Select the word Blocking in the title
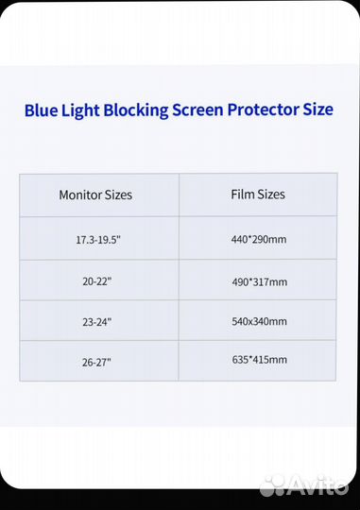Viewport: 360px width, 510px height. (x=136, y=110)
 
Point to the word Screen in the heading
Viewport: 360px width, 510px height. (x=197, y=110)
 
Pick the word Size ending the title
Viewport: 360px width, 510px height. (x=318, y=110)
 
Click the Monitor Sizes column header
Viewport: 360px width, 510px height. (x=95, y=195)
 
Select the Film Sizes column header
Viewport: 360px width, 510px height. (x=258, y=195)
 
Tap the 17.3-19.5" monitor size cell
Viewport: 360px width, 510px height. (x=98, y=240)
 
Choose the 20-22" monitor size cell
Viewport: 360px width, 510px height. (x=96, y=281)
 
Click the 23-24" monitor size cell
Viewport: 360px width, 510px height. (x=96, y=322)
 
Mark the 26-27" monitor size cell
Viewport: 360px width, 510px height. (x=96, y=362)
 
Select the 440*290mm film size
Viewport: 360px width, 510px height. (x=259, y=239)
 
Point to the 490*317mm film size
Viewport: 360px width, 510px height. (x=260, y=281)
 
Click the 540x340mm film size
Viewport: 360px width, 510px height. (x=259, y=321)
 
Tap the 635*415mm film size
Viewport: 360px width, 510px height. (x=260, y=360)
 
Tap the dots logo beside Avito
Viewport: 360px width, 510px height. (x=274, y=485)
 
